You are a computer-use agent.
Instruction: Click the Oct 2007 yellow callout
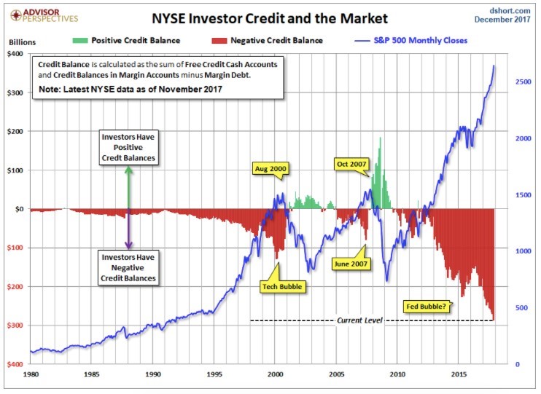351,163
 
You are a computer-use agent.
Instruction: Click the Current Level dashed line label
359,320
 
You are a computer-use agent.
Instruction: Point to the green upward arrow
128,185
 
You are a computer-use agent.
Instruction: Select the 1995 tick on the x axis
214,374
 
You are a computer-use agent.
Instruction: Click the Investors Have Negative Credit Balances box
128,267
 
